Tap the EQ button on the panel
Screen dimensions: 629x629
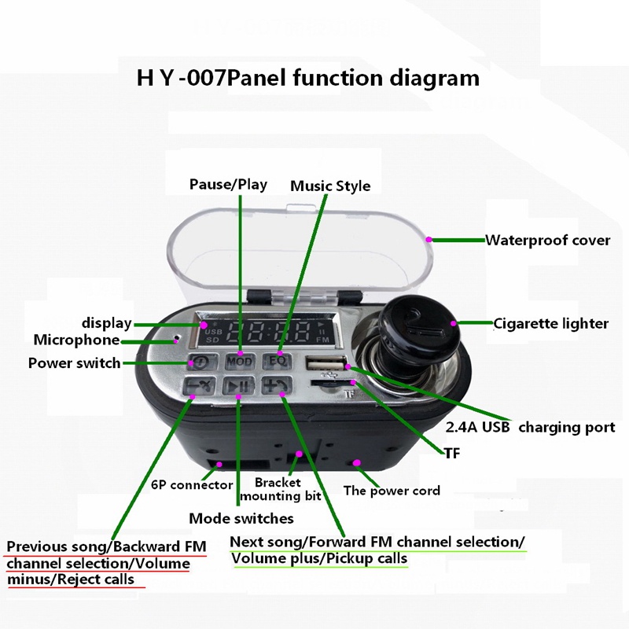click(x=277, y=361)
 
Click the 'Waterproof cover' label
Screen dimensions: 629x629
click(x=547, y=241)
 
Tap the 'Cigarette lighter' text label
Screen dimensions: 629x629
click(x=550, y=323)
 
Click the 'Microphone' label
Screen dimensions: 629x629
click(x=76, y=340)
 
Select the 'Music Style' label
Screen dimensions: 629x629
click(x=330, y=186)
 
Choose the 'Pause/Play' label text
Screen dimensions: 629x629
click(x=228, y=185)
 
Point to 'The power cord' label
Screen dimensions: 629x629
click(x=392, y=491)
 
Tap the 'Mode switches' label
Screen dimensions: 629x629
click(x=241, y=518)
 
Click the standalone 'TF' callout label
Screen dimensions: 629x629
click(x=451, y=454)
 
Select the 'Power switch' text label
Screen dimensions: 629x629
click(x=74, y=363)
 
